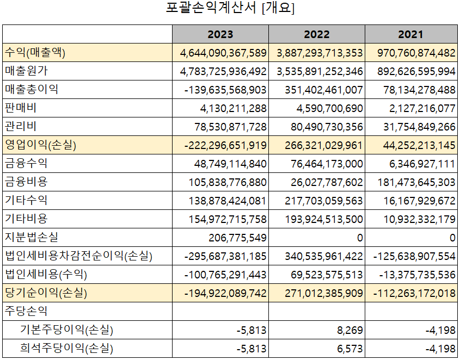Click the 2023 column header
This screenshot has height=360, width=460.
pyautogui.click(x=220, y=34)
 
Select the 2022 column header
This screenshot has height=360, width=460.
pyautogui.click(x=316, y=34)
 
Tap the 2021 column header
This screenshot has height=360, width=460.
pyautogui.click(x=410, y=34)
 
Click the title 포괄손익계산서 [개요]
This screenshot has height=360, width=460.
pyautogui.click(x=230, y=9)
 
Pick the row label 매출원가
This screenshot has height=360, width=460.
pyautogui.click(x=28, y=71)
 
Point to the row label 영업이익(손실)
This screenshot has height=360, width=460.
pyautogui.click(x=40, y=145)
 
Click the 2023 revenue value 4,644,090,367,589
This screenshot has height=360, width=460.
pyautogui.click(x=223, y=53)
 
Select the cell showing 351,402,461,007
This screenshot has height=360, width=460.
pyautogui.click(x=323, y=90)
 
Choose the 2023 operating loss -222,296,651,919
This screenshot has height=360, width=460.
pyautogui.click(x=225, y=145)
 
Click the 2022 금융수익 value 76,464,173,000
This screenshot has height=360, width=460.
pyautogui.click(x=323, y=164)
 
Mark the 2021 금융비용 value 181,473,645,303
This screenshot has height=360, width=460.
pyautogui.click(x=416, y=182)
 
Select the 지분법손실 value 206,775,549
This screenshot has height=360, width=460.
pyautogui.click(x=237, y=238)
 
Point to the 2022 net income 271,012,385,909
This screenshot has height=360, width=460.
pyautogui.click(x=323, y=293)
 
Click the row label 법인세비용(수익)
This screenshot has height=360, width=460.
pyautogui.click(x=46, y=274)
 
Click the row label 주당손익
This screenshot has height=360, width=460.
pyautogui.click(x=26, y=311)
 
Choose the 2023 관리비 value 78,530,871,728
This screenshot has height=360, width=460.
pyautogui.click(x=230, y=127)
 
